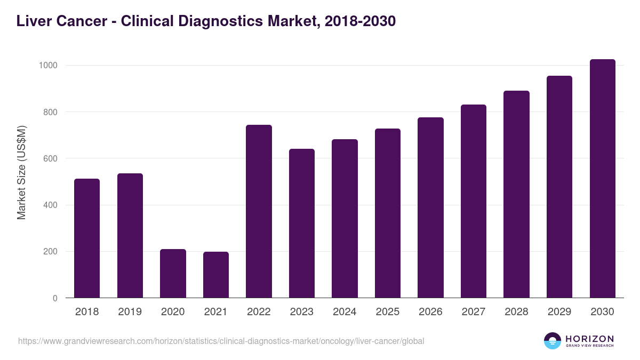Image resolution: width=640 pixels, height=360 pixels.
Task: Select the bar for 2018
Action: point(87,238)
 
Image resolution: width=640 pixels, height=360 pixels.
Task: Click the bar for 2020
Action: point(173,274)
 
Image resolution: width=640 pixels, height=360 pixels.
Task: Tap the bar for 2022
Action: point(259,211)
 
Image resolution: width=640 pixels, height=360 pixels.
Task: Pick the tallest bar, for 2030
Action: point(602,179)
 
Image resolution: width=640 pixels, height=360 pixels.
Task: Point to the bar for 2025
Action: point(388,213)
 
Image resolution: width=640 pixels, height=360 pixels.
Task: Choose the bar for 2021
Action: point(216,275)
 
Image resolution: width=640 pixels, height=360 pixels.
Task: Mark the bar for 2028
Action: point(516,195)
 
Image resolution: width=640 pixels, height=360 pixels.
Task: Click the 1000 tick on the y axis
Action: point(48,66)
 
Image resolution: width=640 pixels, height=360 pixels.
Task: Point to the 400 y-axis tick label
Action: point(50,205)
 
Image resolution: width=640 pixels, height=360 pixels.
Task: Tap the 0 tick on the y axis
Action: point(55,298)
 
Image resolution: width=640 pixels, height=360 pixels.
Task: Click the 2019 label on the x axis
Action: point(130,312)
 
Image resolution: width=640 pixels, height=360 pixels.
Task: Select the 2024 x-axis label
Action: point(345,312)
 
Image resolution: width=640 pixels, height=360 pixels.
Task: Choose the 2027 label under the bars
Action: point(473,312)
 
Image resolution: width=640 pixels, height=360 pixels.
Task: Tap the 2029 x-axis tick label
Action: point(559,312)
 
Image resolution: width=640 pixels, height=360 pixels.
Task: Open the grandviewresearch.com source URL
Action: point(221,341)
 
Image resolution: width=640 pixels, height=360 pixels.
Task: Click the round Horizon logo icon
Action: point(553,341)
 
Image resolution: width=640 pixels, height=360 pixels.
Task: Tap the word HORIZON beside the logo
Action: point(589,338)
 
